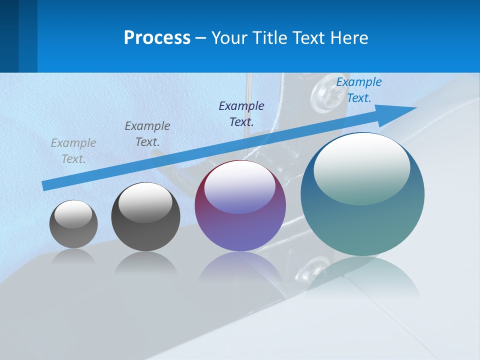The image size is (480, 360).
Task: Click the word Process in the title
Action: (157, 38)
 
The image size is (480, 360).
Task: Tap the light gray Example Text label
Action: (73, 151)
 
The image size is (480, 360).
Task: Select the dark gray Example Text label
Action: (147, 134)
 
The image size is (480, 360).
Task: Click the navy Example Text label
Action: (241, 113)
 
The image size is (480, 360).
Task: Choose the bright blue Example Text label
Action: (358, 90)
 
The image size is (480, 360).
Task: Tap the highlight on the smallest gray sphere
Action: (73, 214)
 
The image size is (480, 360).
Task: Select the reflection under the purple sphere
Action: (240, 267)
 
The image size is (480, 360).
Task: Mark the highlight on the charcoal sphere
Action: (145, 201)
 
